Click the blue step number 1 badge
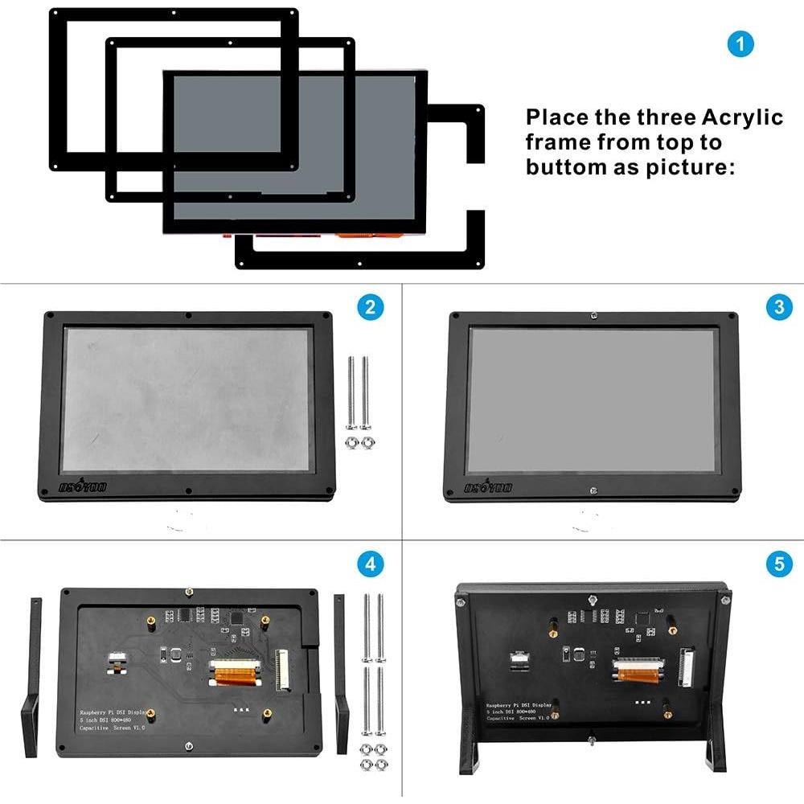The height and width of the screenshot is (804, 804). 740,43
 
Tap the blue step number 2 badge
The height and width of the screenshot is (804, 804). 370,307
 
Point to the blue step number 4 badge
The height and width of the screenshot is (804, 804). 370,564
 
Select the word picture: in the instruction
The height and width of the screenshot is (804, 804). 694,167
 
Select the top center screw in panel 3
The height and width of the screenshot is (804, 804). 593,316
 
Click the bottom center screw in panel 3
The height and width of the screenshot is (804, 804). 593,490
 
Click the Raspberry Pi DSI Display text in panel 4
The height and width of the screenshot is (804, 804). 113,712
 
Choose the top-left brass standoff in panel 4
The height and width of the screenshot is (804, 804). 150,622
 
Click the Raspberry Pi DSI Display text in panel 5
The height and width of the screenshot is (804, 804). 523,706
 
